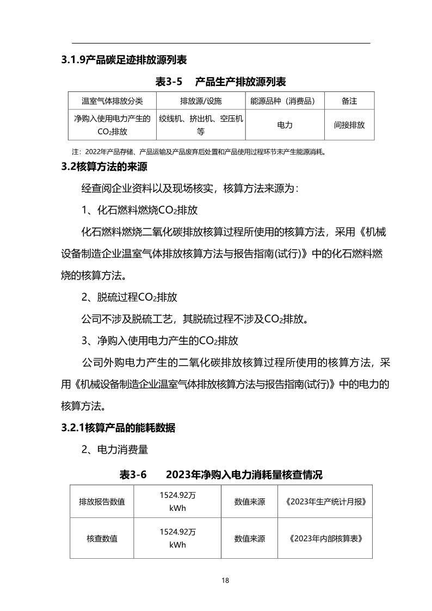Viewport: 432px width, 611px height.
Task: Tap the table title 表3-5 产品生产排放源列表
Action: coord(220,82)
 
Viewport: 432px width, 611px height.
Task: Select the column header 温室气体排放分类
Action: coord(112,101)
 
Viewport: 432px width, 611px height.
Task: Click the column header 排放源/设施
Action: coord(201,101)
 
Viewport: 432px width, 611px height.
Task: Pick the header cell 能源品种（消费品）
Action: coord(285,101)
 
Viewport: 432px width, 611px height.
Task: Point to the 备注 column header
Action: coord(349,101)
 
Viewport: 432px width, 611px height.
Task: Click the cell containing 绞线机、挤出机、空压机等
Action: coord(201,125)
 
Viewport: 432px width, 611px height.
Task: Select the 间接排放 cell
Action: coord(349,125)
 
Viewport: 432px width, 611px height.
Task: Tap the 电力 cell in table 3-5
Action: coord(285,125)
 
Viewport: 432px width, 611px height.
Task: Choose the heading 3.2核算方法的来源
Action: coord(104,166)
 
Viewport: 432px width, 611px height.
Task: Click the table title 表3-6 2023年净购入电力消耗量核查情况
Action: coord(220,474)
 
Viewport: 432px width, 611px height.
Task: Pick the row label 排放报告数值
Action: coord(102,501)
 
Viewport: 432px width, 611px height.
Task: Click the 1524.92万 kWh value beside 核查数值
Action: coord(178,539)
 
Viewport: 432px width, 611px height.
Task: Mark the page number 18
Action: coord(225,580)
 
